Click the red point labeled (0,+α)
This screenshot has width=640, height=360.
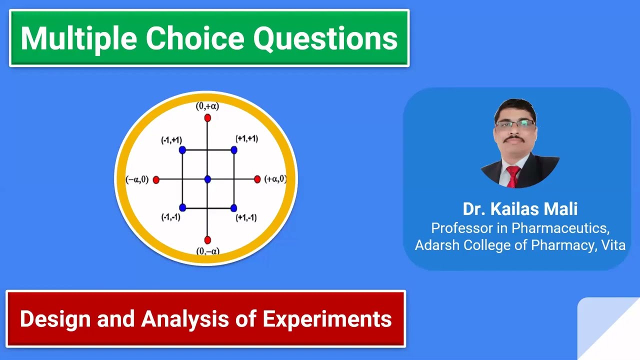pos(207,118)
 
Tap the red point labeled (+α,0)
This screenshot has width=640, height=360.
pos(257,179)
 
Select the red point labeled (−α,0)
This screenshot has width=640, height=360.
pos(156,179)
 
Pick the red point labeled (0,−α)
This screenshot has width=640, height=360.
pos(207,240)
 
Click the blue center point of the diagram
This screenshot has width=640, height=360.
pos(207,179)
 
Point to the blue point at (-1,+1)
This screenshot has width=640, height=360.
pos(182,149)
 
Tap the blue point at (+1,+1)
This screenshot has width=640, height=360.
pos(233,149)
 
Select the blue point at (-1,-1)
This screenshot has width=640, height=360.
pos(182,207)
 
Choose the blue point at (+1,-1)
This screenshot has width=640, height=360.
pos(233,207)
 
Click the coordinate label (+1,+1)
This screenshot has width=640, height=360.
pos(246,138)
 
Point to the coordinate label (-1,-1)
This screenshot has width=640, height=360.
pos(170,217)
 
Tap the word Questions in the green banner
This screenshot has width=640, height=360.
pos(325,38)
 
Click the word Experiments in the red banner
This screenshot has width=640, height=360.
pos(327,319)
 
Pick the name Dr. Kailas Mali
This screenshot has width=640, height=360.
pos(520,208)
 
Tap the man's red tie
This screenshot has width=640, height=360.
pos(512,176)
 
